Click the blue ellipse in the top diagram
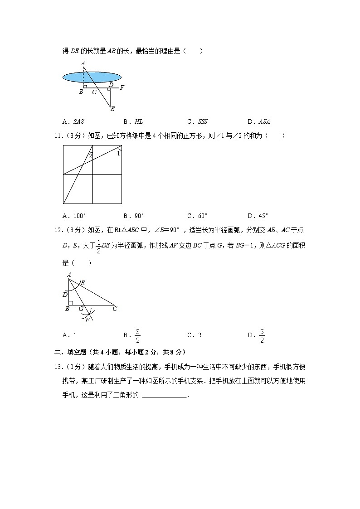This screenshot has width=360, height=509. [x=92, y=78]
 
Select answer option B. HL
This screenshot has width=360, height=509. [x=133, y=121]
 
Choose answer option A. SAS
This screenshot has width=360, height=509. [x=73, y=121]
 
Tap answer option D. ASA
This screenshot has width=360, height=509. [x=259, y=121]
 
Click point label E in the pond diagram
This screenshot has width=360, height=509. [x=112, y=109]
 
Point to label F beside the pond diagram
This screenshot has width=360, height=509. [x=122, y=87]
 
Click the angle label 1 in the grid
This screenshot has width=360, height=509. [x=118, y=154]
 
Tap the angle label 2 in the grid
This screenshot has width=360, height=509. [x=90, y=156]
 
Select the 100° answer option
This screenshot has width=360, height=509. [x=74, y=216]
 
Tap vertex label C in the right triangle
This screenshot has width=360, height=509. [x=115, y=309]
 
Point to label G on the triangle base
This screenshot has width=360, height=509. [x=81, y=309]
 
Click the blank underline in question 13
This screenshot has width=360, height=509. [x=164, y=395]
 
